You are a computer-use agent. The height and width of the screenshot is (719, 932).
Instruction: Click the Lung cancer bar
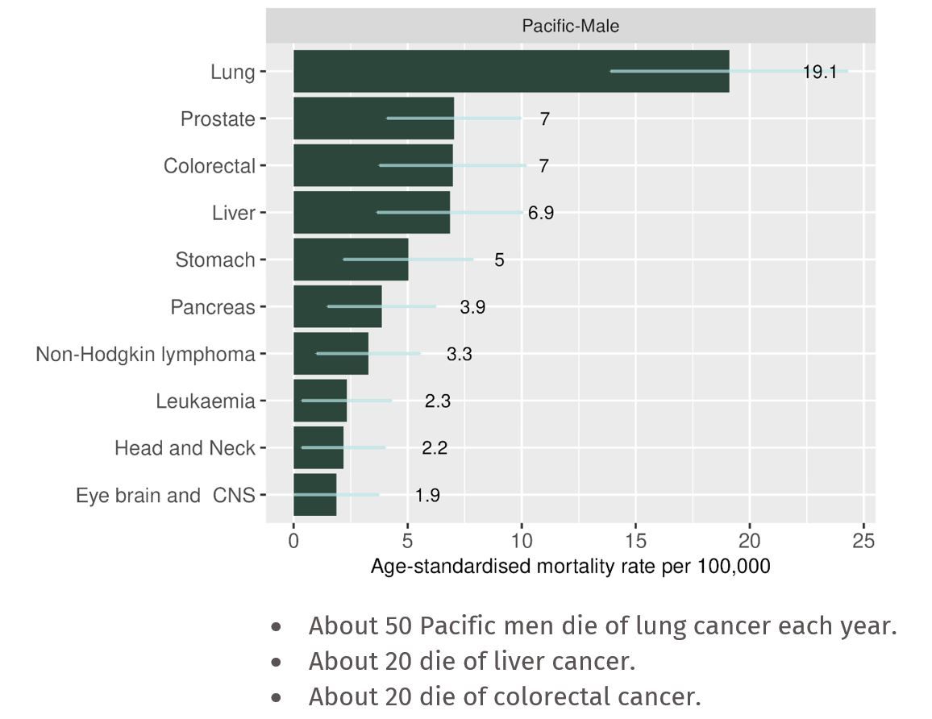tap(511, 71)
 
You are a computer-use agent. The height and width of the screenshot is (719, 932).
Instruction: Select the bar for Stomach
tap(351, 260)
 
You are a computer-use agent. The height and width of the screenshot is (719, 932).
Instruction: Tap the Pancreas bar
tap(337, 307)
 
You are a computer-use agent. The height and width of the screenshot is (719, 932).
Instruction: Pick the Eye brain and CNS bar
tap(314, 495)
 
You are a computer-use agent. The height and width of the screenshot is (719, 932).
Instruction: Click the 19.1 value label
tap(819, 72)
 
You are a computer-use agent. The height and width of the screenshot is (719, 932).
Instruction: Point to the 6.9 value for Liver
tap(541, 214)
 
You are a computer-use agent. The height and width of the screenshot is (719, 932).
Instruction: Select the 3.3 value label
tap(459, 355)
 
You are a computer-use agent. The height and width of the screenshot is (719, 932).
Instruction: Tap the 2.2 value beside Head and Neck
tap(434, 448)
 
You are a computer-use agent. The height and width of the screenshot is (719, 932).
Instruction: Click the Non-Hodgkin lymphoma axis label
tap(145, 355)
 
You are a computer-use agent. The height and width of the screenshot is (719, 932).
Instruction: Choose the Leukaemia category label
tap(206, 401)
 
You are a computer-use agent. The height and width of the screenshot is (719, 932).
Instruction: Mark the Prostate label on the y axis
tap(218, 119)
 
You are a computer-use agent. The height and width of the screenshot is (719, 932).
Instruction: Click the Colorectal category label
tap(209, 166)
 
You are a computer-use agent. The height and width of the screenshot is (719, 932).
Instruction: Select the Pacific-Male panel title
tap(570, 27)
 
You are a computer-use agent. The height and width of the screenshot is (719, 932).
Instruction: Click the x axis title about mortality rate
tap(570, 567)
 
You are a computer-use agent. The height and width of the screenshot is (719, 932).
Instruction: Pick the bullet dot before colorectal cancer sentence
tap(277, 696)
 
